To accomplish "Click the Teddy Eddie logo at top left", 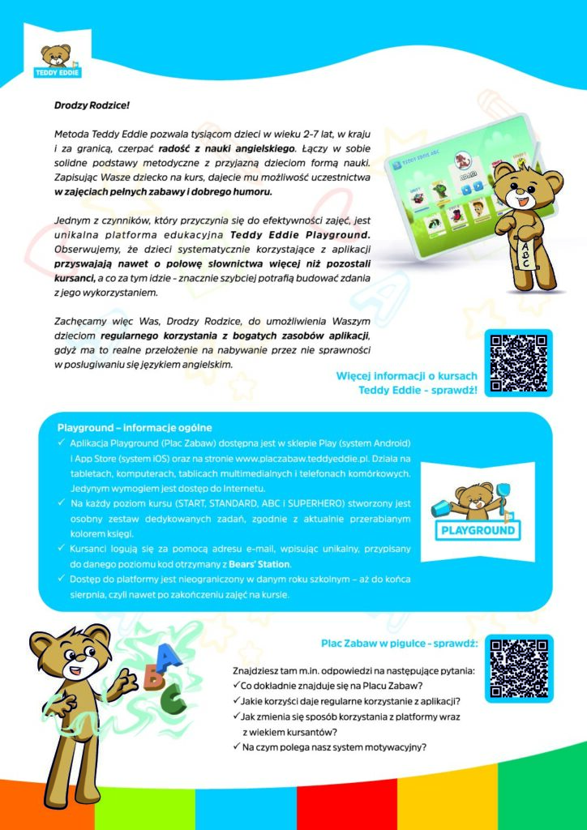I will click(x=56, y=62).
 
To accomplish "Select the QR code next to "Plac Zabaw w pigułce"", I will click(x=518, y=668).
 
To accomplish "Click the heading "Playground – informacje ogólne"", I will click(x=135, y=427).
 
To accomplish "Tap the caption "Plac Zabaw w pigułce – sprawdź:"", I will click(x=399, y=644).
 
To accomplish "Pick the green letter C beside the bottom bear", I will click(x=173, y=695).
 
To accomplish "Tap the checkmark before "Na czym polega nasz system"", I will click(x=236, y=747).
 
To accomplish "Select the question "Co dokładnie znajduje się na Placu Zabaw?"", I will click(x=336, y=686).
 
